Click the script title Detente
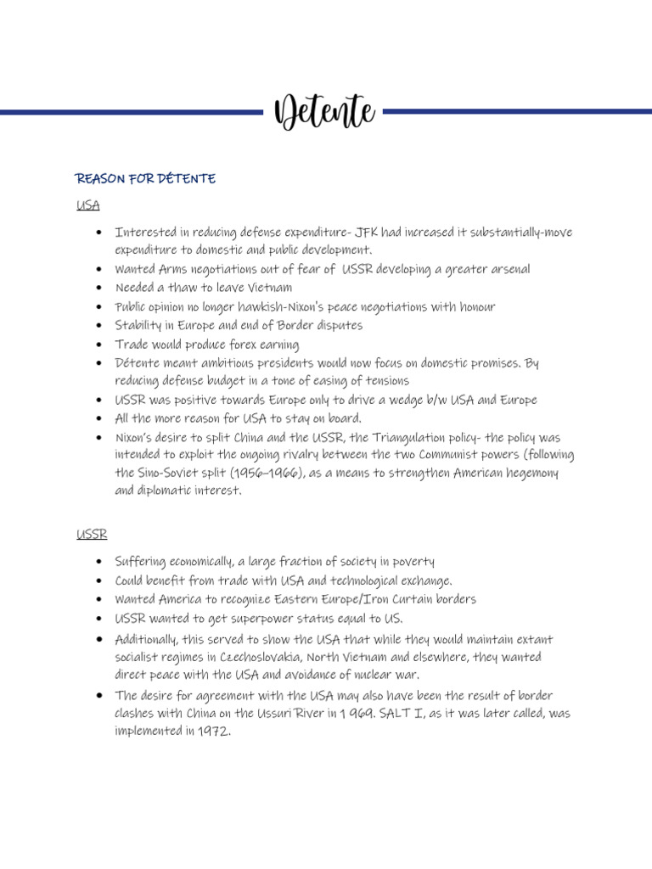325,112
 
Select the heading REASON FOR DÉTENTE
145,178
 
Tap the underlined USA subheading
87,205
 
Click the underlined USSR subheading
91,535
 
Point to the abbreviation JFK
368,233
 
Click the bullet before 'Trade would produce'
99,345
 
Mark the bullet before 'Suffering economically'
99,562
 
